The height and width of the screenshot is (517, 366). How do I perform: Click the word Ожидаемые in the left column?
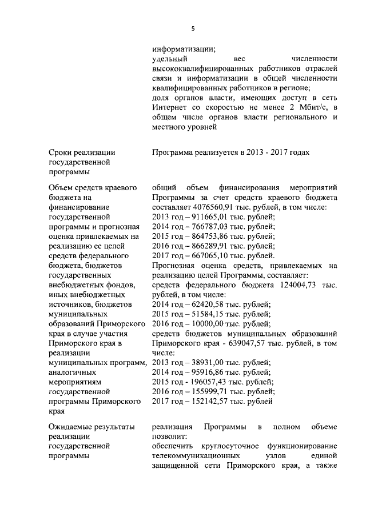click(72, 426)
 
